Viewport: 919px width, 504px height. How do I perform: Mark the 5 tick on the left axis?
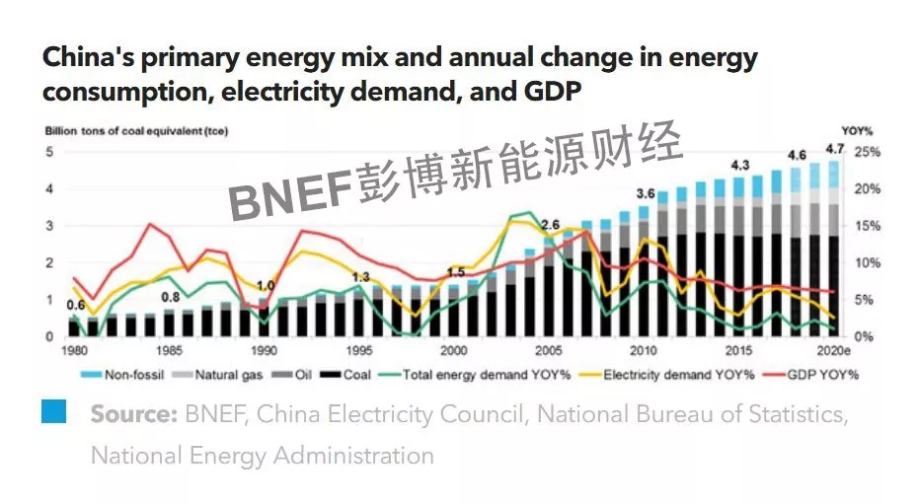(48, 152)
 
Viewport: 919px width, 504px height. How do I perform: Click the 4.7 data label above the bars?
(835, 149)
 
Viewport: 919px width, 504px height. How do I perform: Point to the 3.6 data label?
(647, 192)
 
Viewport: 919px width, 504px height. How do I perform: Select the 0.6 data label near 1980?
(75, 305)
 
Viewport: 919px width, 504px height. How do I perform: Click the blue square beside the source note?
(53, 411)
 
